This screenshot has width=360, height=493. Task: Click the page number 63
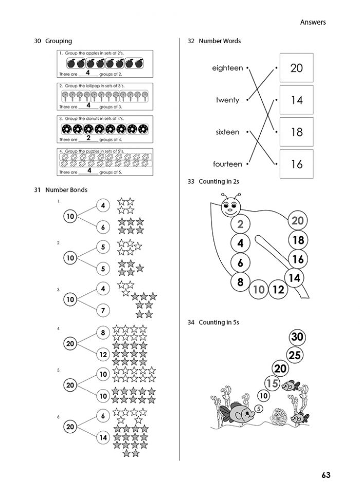pos(324,474)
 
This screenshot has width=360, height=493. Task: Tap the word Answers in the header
pos(312,22)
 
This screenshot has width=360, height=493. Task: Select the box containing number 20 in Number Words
pos(296,67)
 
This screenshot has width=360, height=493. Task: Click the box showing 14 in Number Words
pos(296,100)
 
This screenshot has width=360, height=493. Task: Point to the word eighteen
pos(227,68)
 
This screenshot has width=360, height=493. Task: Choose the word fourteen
pos(227,164)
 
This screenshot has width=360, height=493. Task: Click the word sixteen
pos(227,132)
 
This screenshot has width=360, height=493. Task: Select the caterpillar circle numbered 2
pos(240,224)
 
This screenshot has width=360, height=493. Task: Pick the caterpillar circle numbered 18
pos(298,240)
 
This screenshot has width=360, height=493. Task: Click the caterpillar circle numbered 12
pos(278,290)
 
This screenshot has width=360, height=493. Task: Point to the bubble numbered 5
pos(258,409)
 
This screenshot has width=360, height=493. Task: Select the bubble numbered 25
pos(295,355)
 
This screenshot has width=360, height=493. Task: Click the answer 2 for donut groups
pos(88,138)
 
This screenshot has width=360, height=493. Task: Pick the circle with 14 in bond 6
pos(103,437)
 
